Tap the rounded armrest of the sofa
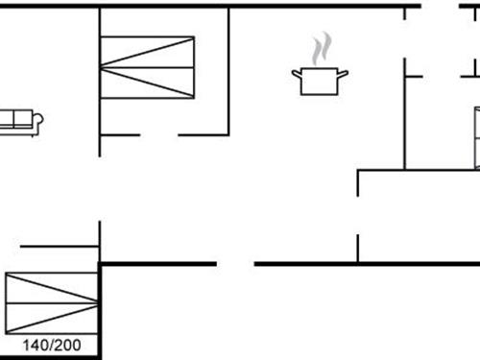(x=38, y=120)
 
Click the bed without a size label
(x=148, y=67)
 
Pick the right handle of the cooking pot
(x=344, y=72)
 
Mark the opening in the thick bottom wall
(x=235, y=264)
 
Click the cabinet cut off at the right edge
(x=476, y=134)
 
